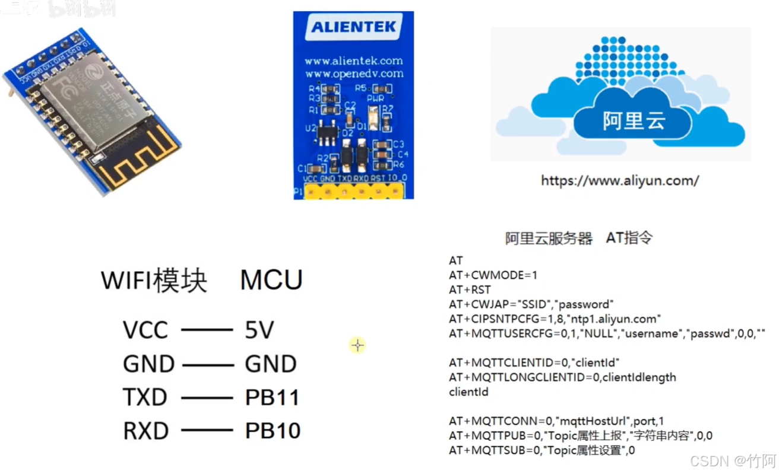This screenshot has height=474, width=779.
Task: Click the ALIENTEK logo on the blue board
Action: [x=353, y=27]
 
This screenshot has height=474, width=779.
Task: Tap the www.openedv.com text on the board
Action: [x=353, y=74]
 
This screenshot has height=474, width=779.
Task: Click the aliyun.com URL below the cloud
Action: [x=619, y=180]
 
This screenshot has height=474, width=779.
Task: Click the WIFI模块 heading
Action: [x=154, y=280]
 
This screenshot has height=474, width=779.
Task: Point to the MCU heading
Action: [x=271, y=280]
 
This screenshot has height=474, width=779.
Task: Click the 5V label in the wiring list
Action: [x=259, y=330]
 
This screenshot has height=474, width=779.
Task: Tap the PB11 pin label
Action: [x=272, y=397]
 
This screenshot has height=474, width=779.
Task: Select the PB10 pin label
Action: [x=273, y=431]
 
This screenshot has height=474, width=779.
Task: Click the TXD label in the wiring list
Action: [x=145, y=397]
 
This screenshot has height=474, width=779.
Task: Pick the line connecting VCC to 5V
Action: [x=207, y=330]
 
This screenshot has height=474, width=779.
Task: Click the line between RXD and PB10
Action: [x=207, y=431]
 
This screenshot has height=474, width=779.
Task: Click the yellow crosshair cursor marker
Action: [x=357, y=345]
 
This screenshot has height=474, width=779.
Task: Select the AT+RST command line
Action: [x=470, y=290]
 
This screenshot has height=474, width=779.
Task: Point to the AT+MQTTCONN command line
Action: [x=556, y=421]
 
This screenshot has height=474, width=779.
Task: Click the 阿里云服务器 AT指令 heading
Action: [x=579, y=238]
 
